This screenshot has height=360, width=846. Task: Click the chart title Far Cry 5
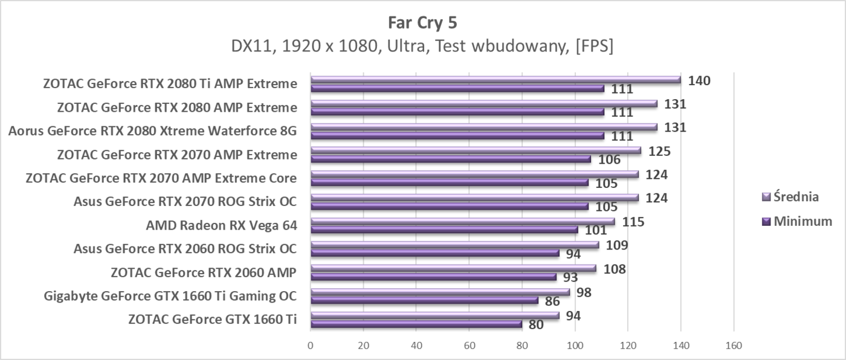(422, 23)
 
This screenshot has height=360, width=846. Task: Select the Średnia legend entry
(796, 196)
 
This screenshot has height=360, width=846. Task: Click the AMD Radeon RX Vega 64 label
(221, 225)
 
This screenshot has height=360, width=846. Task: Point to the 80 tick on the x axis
(521, 346)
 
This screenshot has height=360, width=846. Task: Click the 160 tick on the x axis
(733, 346)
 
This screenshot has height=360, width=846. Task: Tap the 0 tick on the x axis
(311, 346)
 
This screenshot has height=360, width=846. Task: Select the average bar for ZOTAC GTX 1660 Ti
(435, 315)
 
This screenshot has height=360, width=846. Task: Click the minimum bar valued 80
(416, 324)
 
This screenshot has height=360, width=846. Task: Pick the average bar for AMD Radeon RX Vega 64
(462, 221)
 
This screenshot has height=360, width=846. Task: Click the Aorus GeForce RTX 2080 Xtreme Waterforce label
(152, 131)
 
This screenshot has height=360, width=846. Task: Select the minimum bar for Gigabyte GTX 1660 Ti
(424, 300)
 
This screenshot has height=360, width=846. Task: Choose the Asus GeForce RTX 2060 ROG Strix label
(185, 249)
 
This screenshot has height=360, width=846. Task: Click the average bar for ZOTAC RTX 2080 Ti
(496, 79)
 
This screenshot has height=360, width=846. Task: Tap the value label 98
(583, 292)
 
